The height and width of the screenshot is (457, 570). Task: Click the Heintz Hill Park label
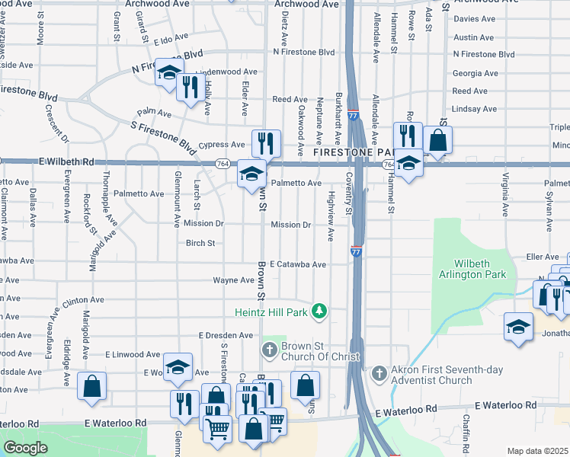point(274,312)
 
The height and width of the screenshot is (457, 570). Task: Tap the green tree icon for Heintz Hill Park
point(321,311)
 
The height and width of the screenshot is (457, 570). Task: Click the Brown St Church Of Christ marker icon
point(268,350)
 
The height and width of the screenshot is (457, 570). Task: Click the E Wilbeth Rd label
point(61,162)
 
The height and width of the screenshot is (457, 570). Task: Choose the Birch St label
point(200,244)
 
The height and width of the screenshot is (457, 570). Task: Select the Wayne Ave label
point(233,280)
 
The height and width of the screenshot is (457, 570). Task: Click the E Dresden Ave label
point(226,335)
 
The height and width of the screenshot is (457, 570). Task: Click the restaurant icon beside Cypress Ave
point(266,142)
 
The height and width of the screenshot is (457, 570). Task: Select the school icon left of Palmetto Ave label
point(251,174)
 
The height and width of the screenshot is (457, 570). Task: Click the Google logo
point(25,448)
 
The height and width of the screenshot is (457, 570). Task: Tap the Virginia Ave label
point(505,195)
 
